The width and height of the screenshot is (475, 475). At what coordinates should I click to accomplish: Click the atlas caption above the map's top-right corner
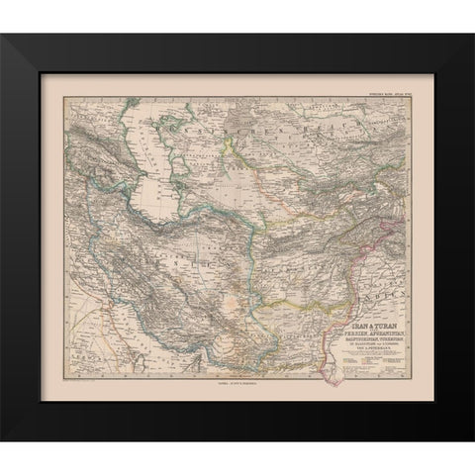click(381, 95)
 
